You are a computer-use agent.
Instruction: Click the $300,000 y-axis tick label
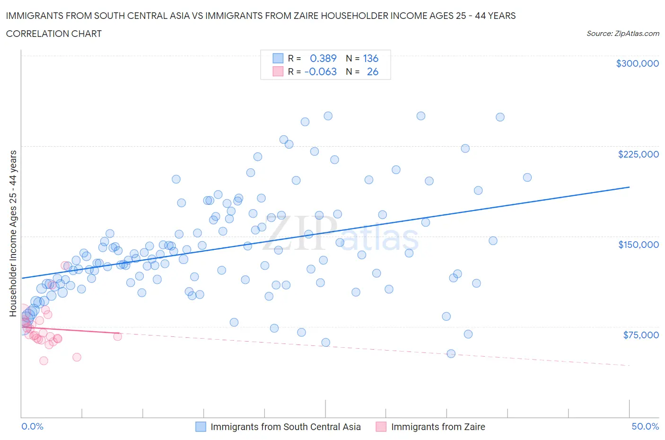(637, 63)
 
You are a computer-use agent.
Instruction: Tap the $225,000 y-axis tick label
(638, 154)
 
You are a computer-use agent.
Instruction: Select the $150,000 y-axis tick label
(638, 245)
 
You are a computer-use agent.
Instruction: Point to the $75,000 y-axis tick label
(640, 335)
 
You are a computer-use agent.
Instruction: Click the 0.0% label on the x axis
(32, 426)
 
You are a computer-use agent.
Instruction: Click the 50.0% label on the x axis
(645, 426)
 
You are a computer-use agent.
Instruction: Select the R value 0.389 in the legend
(323, 58)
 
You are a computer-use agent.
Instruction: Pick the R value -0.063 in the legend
(321, 71)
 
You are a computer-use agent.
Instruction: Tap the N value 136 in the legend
(370, 58)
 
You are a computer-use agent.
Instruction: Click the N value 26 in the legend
(372, 71)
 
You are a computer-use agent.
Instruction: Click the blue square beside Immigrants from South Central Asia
(201, 427)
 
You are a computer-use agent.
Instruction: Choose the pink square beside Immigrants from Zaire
(381, 427)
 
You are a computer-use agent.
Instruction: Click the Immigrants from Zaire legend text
(438, 427)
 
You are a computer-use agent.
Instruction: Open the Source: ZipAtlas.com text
(622, 33)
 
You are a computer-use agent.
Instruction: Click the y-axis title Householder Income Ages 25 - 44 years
(13, 233)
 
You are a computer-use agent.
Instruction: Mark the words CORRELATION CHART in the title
(54, 34)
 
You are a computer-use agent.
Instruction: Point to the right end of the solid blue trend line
(629, 187)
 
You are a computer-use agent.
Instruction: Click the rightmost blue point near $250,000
(500, 117)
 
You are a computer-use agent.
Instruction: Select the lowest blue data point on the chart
(451, 353)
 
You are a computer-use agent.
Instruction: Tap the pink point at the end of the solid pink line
(117, 336)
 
